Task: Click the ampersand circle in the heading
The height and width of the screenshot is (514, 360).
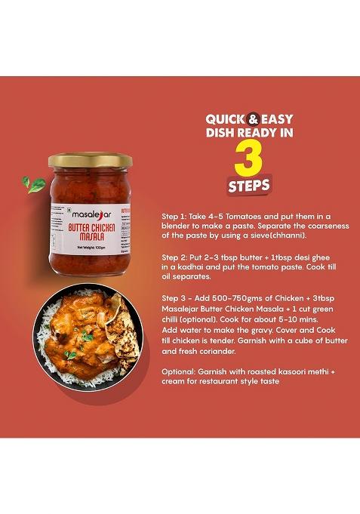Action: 254,118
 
